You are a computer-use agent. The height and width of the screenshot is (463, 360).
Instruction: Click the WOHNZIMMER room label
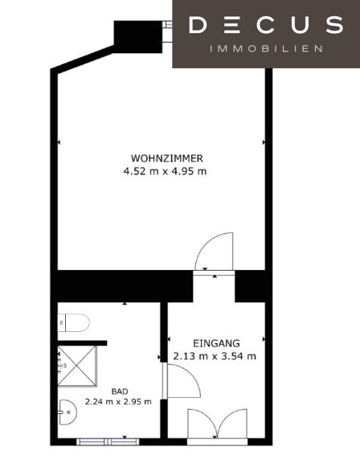coord(167,158)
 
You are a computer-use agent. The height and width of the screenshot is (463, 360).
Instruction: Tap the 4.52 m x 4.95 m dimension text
coord(165,171)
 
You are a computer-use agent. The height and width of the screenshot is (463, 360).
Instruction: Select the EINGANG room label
coord(216,343)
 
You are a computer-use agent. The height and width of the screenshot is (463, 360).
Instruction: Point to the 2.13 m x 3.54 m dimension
coord(215,356)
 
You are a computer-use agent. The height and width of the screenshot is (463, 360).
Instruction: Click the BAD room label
coord(120,391)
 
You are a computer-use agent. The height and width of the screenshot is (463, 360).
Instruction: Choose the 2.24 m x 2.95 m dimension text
coord(118,402)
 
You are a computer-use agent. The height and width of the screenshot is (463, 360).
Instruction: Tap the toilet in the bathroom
coord(73,323)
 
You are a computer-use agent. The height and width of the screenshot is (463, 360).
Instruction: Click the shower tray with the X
coord(77,367)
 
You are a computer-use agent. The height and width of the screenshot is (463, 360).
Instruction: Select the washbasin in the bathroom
coord(67,412)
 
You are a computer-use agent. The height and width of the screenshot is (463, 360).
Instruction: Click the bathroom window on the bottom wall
coord(108,442)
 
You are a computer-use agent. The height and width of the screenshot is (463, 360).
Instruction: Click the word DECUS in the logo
coord(266,25)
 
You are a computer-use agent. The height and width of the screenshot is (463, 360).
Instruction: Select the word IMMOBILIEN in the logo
coord(266,49)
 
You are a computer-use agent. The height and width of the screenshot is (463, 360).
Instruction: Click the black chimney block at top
coord(138,37)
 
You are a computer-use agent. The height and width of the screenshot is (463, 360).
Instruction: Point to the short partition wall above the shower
coord(82,343)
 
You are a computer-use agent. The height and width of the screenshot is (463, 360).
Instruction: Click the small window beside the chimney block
coord(168,24)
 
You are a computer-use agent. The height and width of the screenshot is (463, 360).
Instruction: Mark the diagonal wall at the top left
coord(83,59)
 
